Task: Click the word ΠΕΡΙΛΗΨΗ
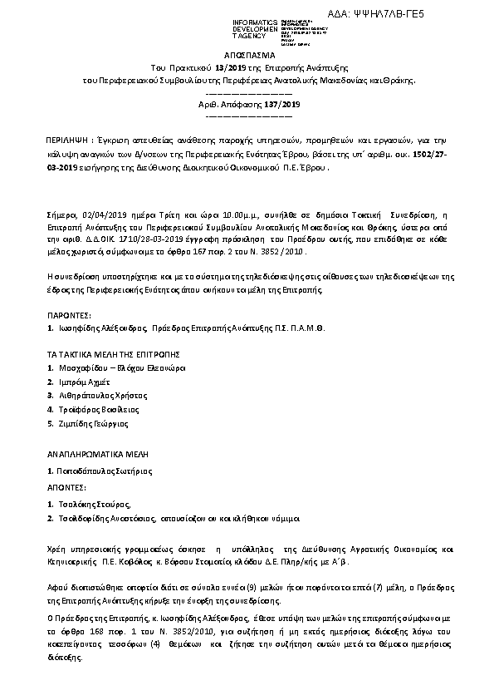click(x=67, y=142)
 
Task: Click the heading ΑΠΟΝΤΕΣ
click(x=63, y=485)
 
